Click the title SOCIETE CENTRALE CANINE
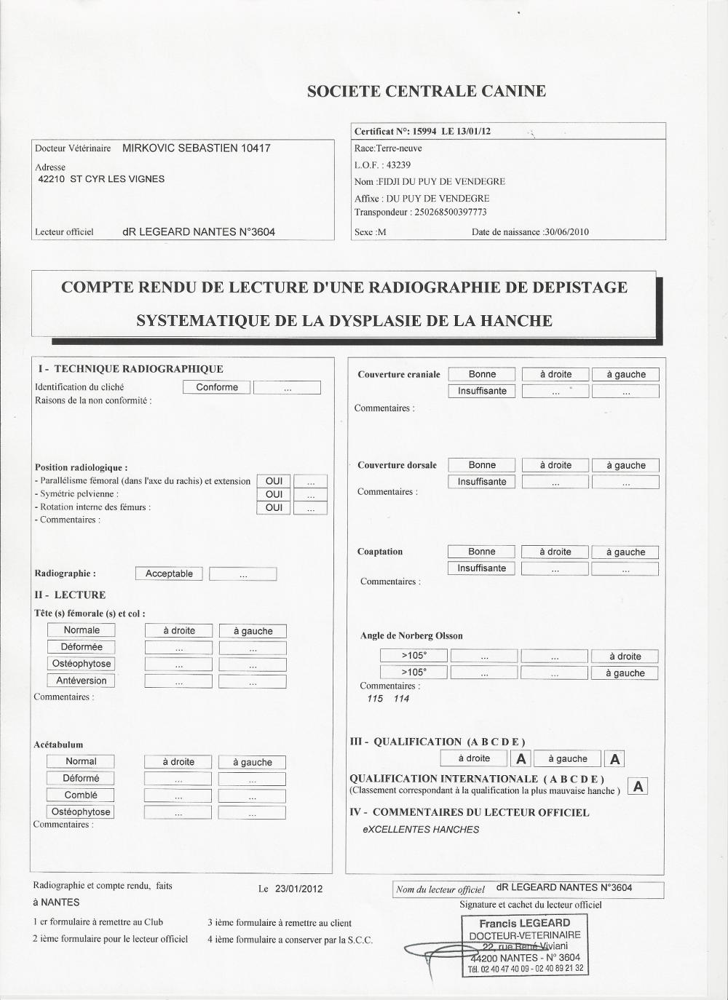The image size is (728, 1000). [x=426, y=92]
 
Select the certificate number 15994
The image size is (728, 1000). [x=426, y=132]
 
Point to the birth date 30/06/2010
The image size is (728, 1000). [x=566, y=232]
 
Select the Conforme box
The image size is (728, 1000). [x=216, y=388]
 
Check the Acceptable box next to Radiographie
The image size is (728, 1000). [x=169, y=574]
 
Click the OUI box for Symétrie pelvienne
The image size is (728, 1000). [x=274, y=495]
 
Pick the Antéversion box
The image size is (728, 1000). [x=81, y=681]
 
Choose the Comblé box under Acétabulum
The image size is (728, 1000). [x=80, y=795]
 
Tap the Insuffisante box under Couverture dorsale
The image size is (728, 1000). [x=481, y=482]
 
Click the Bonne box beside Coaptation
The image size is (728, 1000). [x=481, y=552]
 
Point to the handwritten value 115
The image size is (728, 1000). [x=375, y=699]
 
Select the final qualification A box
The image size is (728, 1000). [x=638, y=787]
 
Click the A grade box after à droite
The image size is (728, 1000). [x=521, y=759]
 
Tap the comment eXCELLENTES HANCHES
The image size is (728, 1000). [x=421, y=830]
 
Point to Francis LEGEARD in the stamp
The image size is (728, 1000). [x=524, y=924]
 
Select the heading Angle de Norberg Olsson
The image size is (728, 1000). [x=411, y=636]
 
